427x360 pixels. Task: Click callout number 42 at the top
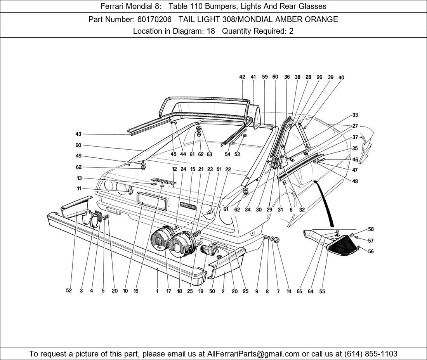pos(242,77)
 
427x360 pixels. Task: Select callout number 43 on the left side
pos(78,134)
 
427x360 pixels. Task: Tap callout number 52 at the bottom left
pos(69,291)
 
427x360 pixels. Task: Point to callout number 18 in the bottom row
pos(180,291)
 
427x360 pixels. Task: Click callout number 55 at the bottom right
pos(322,291)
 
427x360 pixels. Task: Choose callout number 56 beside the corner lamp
pos(371,252)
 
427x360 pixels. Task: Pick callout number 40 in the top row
pos(341,78)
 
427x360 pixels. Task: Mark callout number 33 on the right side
pos(355,115)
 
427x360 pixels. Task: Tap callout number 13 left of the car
pos(79,178)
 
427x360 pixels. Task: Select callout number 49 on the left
pos(78,156)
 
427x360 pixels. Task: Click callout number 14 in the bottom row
pos(289,291)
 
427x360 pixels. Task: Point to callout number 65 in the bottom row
pos(299,291)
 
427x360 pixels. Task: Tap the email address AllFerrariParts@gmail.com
pos(253,354)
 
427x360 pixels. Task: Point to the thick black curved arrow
pos(325,202)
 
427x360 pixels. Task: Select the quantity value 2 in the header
pos(291,31)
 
